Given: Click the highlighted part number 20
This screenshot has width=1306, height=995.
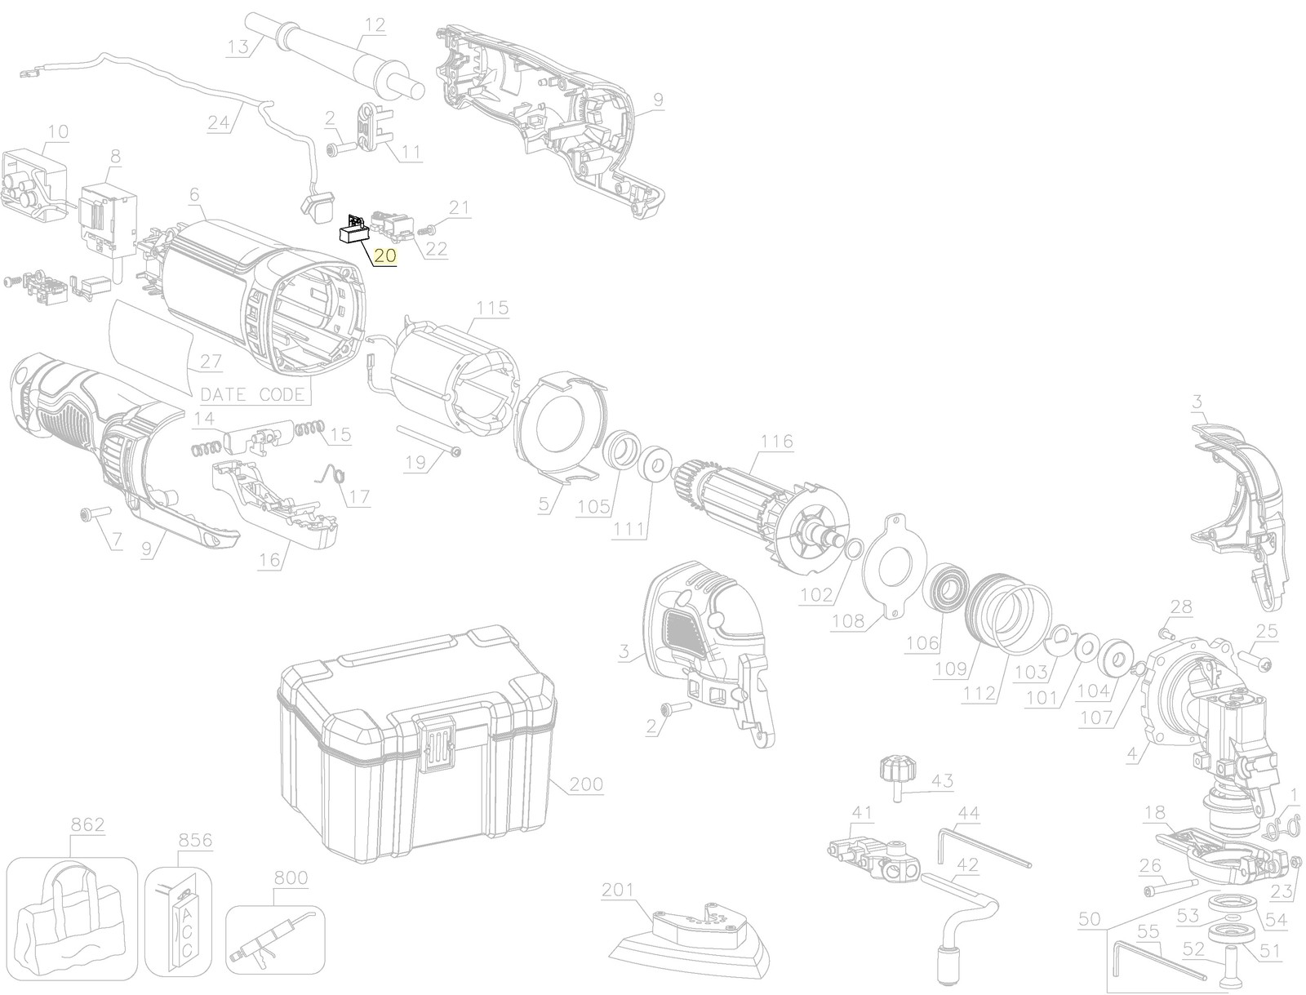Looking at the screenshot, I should [385, 255].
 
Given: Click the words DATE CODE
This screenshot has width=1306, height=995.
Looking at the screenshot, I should [255, 394].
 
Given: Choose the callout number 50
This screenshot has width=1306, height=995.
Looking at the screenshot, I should [1089, 919].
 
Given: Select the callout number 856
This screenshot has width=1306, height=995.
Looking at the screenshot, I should [195, 841].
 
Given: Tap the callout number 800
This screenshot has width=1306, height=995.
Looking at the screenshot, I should [291, 877].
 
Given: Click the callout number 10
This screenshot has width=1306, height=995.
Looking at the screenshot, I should [58, 131].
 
